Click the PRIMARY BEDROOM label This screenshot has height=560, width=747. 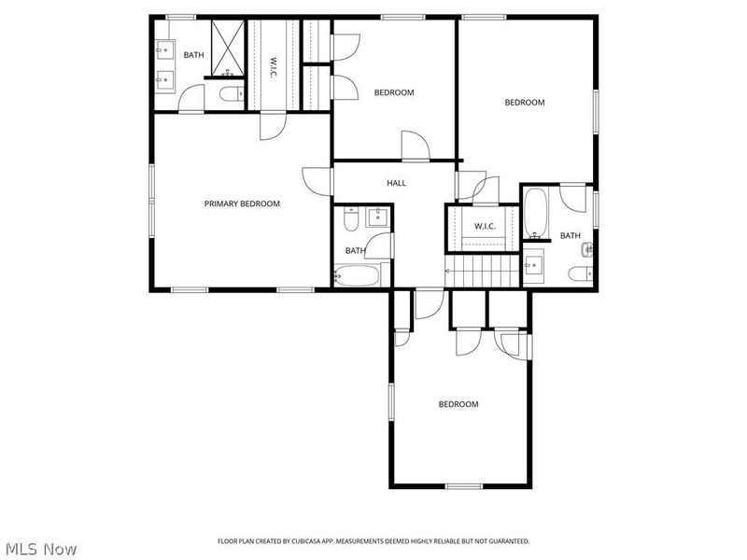pos(242,203)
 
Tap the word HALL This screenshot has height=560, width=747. pos(396,183)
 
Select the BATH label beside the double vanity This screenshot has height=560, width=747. pos(193,55)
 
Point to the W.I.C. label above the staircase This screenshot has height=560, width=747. pos(484,226)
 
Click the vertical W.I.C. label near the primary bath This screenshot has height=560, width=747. pos(273,67)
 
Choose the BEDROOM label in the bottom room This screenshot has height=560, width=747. pos(458,404)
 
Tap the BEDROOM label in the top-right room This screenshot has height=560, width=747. pos(524,103)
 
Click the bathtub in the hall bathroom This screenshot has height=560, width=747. pos(358,276)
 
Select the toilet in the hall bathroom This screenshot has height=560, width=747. pos(350,220)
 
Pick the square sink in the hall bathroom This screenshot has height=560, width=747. pos(378,218)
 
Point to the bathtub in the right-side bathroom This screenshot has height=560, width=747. pos(535,213)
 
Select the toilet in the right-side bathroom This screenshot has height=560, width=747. pos(579,273)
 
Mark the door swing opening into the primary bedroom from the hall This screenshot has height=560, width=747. pos(317,180)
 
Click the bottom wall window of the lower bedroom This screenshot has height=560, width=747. pos(464,486)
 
